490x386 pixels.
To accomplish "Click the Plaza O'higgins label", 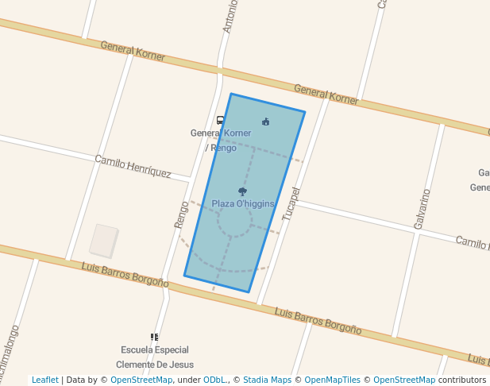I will click(x=243, y=204).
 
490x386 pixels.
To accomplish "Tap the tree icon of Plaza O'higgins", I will click(x=242, y=191).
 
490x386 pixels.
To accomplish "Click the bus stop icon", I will click(x=220, y=120).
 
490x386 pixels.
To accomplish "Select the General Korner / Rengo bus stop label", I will click(x=221, y=140).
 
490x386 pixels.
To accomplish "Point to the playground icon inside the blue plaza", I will click(x=265, y=122).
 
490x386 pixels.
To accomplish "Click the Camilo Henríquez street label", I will click(x=133, y=166).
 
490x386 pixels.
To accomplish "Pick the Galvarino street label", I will click(x=421, y=209).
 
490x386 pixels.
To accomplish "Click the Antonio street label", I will click(x=229, y=16).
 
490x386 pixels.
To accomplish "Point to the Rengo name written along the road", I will click(x=182, y=214).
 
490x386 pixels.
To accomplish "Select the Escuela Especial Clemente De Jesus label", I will click(x=154, y=357).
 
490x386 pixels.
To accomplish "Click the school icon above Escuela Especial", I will click(x=154, y=338).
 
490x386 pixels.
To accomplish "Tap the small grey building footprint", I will click(x=103, y=241).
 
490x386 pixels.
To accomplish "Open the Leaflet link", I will click(x=44, y=380).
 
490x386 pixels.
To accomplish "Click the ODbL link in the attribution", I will click(x=214, y=380).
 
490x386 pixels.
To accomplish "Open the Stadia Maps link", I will click(x=267, y=380).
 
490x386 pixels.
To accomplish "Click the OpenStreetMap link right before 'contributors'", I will click(x=403, y=380).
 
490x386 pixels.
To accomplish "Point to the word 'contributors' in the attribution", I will click(x=461, y=380).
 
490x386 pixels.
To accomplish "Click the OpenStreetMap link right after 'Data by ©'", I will click(x=141, y=380).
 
